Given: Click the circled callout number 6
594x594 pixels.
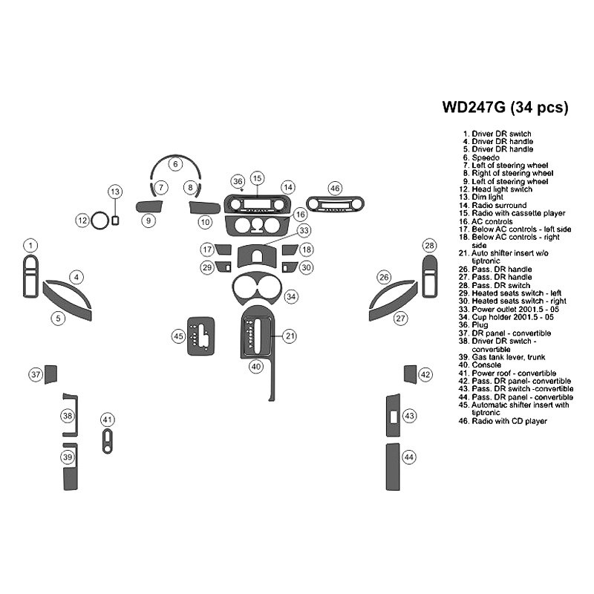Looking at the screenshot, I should pos(175,163).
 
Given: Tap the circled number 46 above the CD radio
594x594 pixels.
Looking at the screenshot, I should pos(335,189).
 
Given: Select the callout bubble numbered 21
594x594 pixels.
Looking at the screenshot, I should pos(290,336).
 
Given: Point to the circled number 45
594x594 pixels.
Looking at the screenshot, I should pos(179,336).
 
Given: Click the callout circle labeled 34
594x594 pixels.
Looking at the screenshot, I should pos(292,296).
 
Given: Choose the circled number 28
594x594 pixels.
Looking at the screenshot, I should pos(429,246).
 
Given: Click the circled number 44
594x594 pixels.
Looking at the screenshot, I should pos(409,457).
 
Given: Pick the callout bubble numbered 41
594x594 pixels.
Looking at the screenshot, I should pos(108,420).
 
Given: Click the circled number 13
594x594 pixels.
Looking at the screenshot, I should pos(114,192).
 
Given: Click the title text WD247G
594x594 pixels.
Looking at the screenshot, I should pos(474,106).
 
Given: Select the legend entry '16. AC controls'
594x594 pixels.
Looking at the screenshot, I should pos(490,221).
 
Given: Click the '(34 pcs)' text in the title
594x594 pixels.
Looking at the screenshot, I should pos(540,106).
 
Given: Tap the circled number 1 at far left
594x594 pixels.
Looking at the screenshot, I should pos(30,245).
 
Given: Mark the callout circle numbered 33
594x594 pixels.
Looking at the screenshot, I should pos(304,231).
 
